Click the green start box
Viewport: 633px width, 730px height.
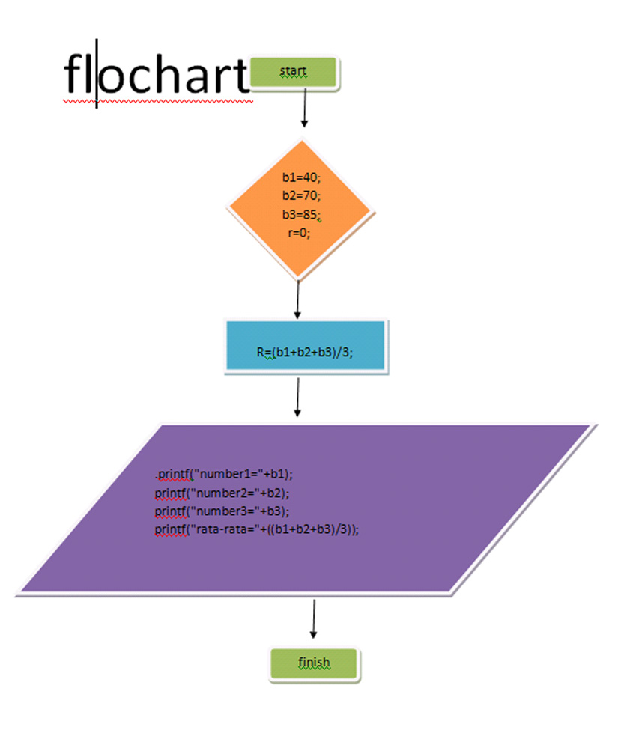click(x=295, y=73)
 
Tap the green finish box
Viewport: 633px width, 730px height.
click(x=314, y=663)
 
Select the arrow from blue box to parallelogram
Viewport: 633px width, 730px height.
click(x=298, y=396)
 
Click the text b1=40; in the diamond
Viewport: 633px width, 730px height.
click(x=301, y=177)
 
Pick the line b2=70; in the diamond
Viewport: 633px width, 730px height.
click(x=301, y=195)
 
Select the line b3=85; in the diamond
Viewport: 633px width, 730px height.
click(x=301, y=214)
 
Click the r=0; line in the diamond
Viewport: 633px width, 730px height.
click(x=299, y=232)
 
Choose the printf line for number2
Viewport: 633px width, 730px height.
click(x=222, y=493)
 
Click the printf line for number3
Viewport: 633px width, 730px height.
click(x=222, y=511)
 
